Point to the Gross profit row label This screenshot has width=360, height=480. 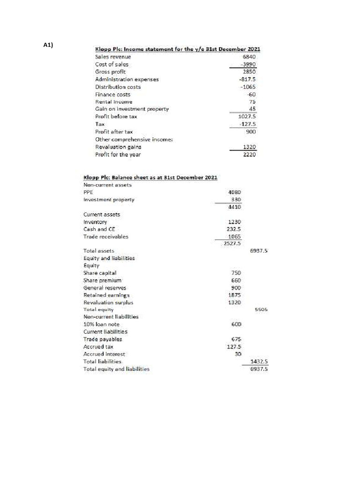click(x=107, y=72)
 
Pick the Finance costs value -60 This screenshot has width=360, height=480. click(x=255, y=94)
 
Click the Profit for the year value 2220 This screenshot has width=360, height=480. click(x=253, y=154)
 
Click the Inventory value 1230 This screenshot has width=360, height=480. click(x=234, y=222)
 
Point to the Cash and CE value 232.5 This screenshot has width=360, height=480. click(x=234, y=229)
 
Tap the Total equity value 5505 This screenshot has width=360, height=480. click(x=261, y=310)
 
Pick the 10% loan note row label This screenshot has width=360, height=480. click(x=101, y=324)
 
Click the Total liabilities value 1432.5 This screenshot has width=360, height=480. click(x=259, y=361)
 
